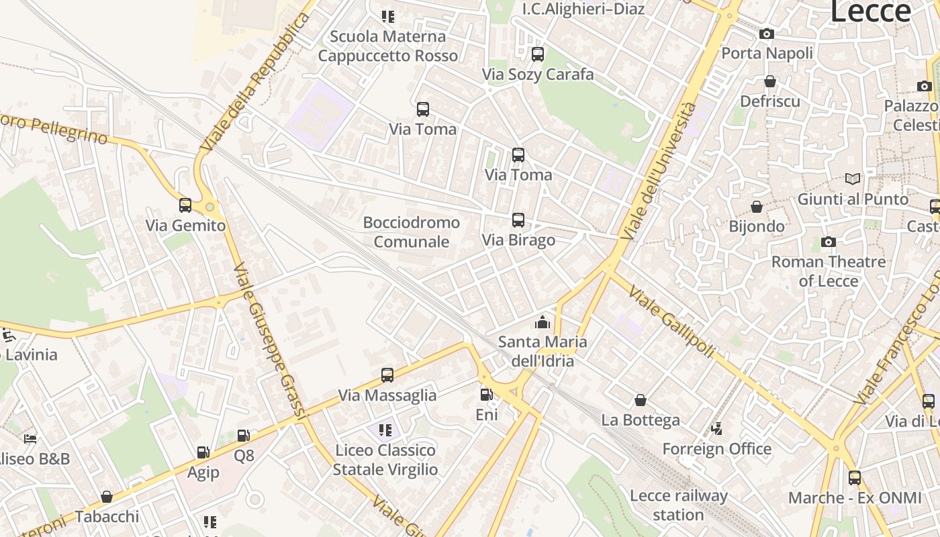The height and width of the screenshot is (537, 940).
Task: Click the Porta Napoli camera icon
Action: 766,34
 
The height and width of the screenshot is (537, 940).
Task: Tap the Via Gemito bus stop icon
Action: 185,205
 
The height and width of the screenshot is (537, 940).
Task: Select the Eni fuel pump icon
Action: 486,395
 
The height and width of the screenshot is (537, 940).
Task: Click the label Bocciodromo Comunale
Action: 411,232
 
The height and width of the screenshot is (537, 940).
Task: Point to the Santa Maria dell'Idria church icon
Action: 542,323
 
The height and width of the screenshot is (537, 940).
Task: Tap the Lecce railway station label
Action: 678,505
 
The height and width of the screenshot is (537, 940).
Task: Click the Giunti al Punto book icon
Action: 852,179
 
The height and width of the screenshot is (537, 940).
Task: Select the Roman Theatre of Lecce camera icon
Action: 828,242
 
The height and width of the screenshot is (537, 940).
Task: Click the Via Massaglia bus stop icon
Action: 387,375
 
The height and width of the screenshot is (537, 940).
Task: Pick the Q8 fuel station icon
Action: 244,436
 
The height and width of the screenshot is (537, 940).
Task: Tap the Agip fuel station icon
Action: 203,453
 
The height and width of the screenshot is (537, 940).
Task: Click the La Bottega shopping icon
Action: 641,400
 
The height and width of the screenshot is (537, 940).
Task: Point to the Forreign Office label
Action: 716,449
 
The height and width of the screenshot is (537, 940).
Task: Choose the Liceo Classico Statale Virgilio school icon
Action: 385,430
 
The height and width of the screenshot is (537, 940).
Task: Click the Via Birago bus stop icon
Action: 518,220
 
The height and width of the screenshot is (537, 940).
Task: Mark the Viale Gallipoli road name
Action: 671,323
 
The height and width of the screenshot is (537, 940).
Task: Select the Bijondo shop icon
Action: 757,207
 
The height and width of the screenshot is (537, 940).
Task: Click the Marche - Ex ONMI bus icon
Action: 854,478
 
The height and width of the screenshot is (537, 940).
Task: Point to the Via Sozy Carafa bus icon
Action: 537,55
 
